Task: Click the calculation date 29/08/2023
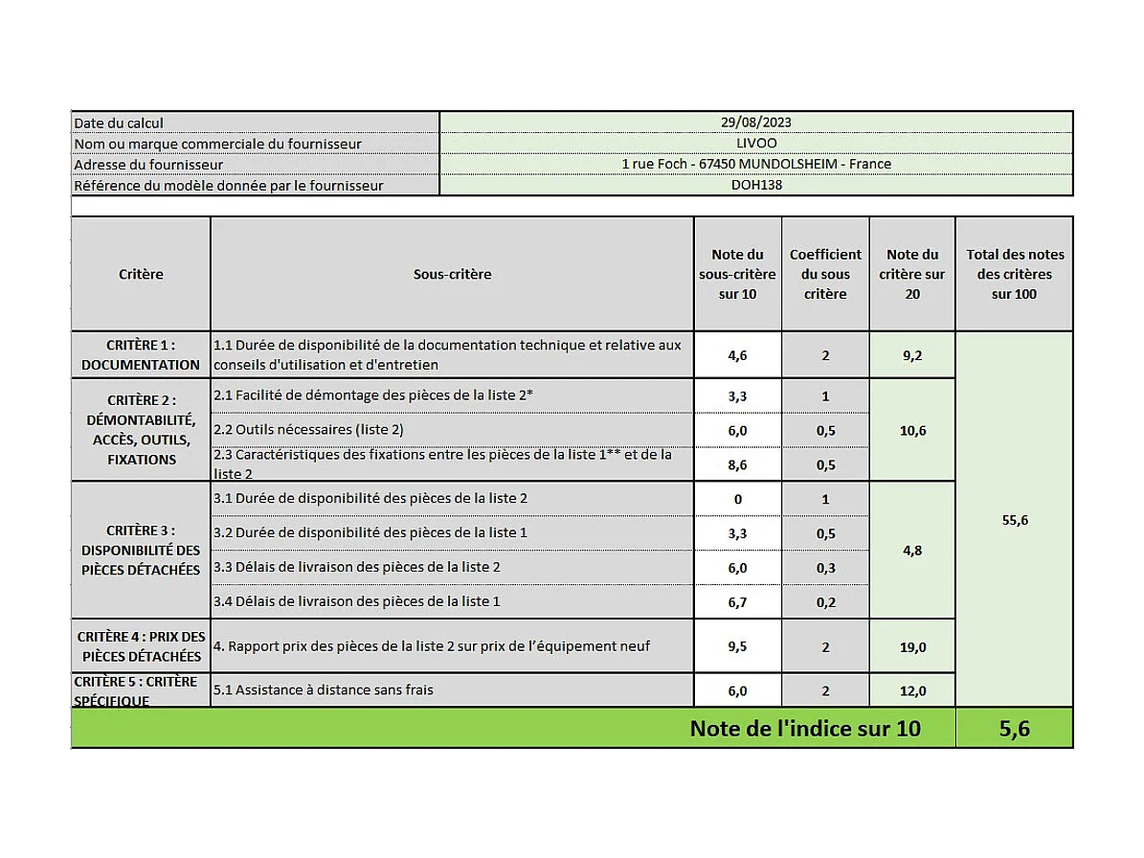[755, 122]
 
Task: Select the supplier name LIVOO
[755, 143]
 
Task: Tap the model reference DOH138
[755, 185]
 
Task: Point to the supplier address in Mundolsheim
[755, 164]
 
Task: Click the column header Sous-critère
[452, 274]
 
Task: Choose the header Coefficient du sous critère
[825, 274]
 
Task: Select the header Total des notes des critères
[1014, 274]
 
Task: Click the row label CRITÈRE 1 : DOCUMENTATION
[141, 354]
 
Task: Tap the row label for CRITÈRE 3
[141, 550]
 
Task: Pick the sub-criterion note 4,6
[737, 355]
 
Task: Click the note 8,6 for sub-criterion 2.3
[737, 464]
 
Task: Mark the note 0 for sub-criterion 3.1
[737, 499]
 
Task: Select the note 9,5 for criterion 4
[737, 646]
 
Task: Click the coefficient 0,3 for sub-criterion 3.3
[825, 568]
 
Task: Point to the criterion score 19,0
[912, 647]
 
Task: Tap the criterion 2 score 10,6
[912, 431]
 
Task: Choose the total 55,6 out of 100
[1014, 520]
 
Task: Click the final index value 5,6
[1014, 729]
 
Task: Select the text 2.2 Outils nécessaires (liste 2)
[308, 429]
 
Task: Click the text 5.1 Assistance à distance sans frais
[324, 689]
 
